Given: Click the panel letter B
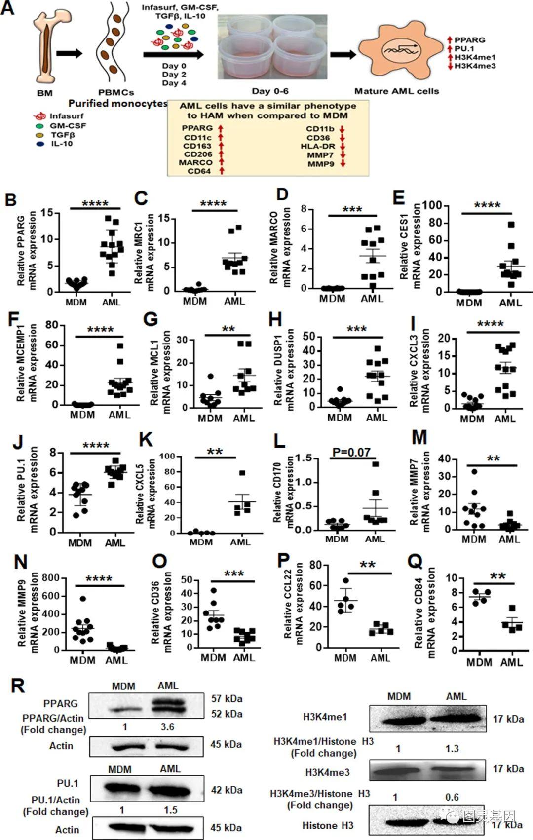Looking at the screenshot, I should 10,200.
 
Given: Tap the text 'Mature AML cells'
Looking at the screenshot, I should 396,91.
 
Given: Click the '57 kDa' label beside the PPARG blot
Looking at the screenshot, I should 227,699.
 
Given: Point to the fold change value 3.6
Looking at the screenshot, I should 167,727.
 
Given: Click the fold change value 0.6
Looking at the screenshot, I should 452,797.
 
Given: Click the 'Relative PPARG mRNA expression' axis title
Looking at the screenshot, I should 27,250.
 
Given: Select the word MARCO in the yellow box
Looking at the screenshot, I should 195,162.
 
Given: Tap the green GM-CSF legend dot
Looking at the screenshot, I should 40,126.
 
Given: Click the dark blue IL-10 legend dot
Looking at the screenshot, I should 40,144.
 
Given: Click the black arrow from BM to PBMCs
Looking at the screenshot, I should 70,53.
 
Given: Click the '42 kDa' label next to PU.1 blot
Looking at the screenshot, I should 227,790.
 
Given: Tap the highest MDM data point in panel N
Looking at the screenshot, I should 82,599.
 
